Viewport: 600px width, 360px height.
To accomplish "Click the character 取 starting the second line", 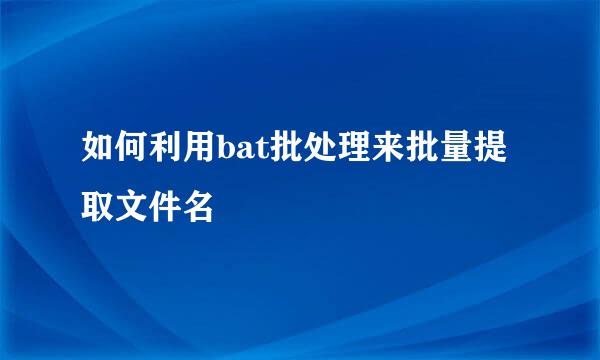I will pos(98,205).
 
